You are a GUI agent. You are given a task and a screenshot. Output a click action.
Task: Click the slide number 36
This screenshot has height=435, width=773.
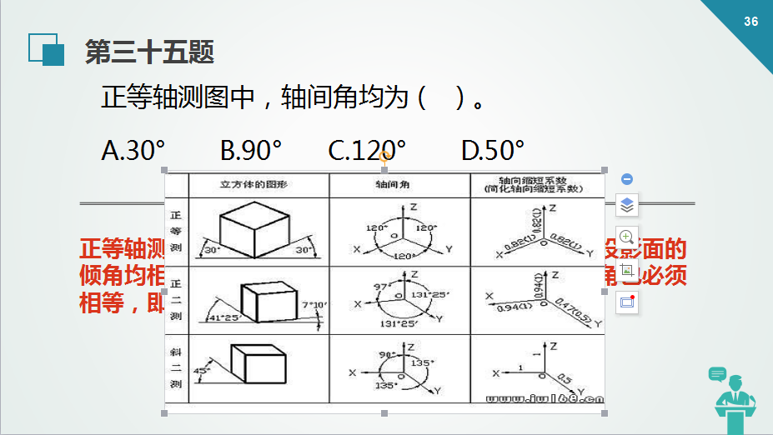click(750, 22)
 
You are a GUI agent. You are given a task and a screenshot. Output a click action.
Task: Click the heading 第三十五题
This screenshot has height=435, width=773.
click(150, 52)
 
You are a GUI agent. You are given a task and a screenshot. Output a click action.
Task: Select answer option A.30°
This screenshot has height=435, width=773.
click(133, 150)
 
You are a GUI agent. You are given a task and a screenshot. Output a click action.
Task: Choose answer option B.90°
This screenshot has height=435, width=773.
click(251, 150)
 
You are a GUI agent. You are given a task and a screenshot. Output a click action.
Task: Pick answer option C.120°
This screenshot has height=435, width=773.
click(367, 150)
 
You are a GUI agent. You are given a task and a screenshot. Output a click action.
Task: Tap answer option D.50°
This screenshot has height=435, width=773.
click(493, 150)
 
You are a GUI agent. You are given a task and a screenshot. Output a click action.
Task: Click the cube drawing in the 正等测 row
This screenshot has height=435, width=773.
click(252, 228)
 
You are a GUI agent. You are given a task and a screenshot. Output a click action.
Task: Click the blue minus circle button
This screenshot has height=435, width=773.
click(627, 179)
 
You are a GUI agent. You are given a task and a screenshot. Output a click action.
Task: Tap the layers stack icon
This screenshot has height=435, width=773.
click(627, 205)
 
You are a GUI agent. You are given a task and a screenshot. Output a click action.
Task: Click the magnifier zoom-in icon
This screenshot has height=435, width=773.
click(627, 237)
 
